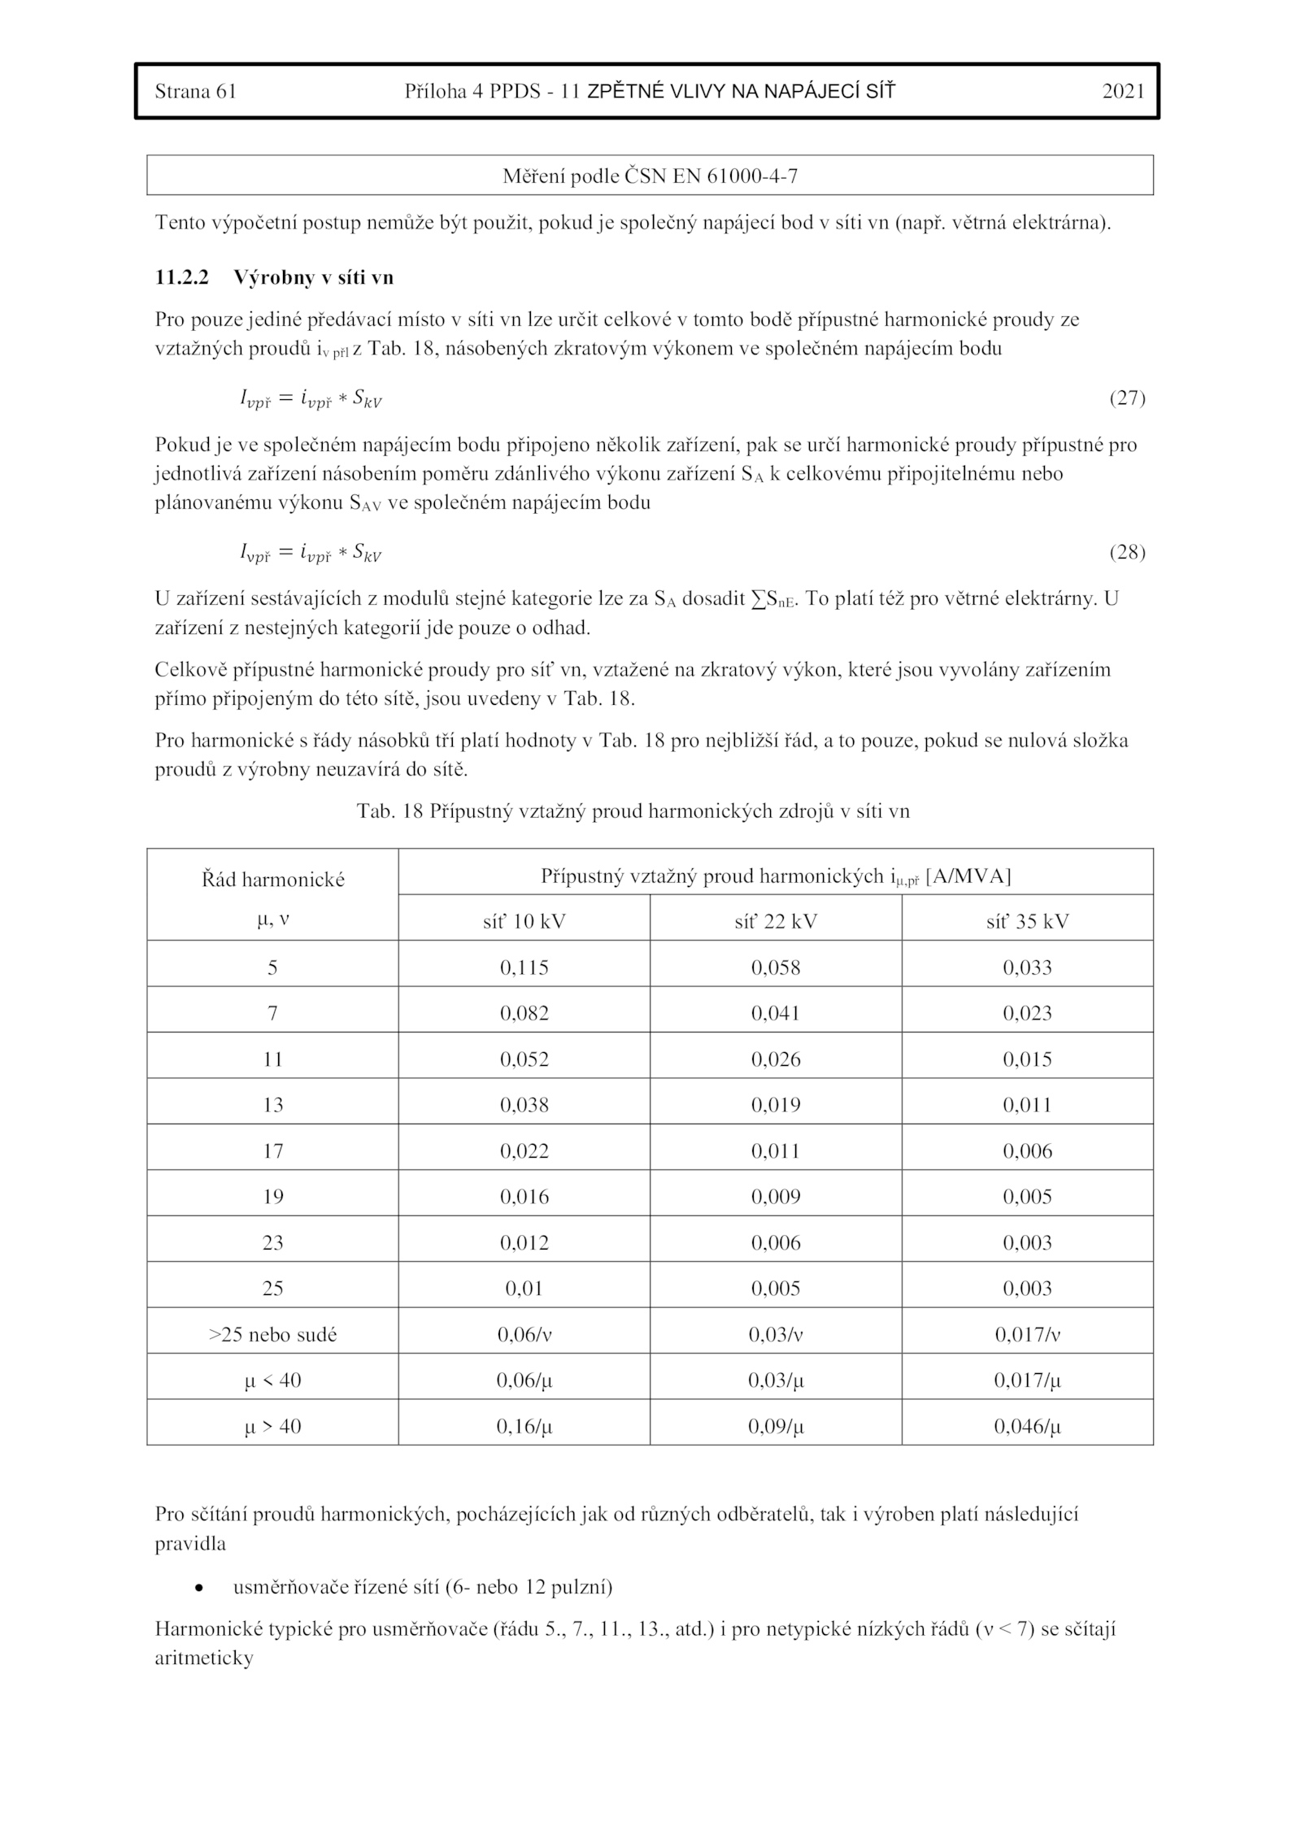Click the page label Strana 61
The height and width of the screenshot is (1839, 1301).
pyautogui.click(x=195, y=91)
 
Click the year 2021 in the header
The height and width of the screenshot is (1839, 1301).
pyautogui.click(x=1123, y=91)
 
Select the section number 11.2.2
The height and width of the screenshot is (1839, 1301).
pyautogui.click(x=181, y=278)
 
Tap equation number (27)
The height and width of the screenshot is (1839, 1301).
pyautogui.click(x=1127, y=398)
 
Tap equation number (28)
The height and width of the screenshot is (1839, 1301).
pyautogui.click(x=1127, y=553)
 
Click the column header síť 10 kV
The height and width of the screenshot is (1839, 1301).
pyautogui.click(x=524, y=921)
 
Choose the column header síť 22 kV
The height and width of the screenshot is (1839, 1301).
pyautogui.click(x=776, y=921)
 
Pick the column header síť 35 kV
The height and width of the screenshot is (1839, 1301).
pyautogui.click(x=1027, y=921)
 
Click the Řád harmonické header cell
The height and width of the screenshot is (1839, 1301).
pyautogui.click(x=273, y=880)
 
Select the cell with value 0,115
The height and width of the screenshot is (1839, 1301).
pyautogui.click(x=524, y=967)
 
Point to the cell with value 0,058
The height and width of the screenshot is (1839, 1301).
pyautogui.click(x=776, y=967)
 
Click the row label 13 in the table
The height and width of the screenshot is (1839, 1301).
pyautogui.click(x=273, y=1105)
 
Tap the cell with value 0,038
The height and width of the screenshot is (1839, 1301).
pyautogui.click(x=524, y=1105)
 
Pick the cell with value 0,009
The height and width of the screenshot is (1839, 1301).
pyautogui.click(x=776, y=1197)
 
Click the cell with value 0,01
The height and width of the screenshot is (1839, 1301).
pyautogui.click(x=524, y=1289)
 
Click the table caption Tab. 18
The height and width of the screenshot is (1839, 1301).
pyautogui.click(x=633, y=811)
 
